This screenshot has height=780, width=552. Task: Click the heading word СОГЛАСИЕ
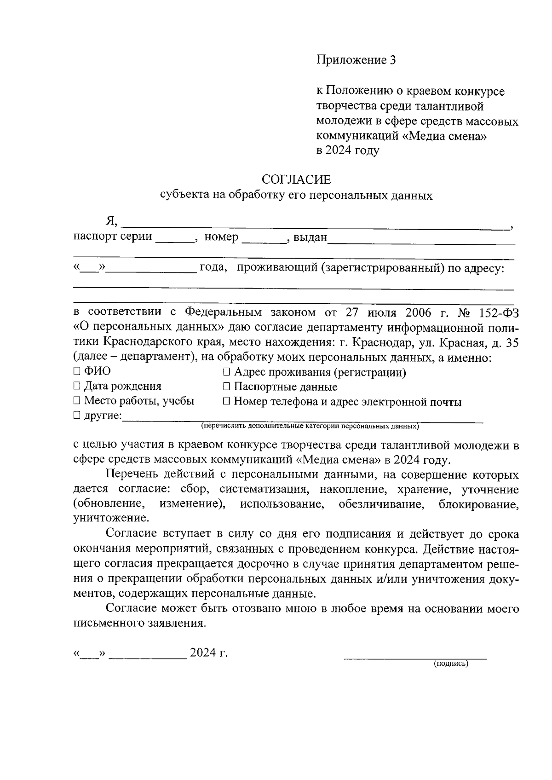tap(296, 179)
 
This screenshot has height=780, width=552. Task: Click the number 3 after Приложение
tap(392, 60)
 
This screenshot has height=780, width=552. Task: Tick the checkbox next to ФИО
tap(77, 371)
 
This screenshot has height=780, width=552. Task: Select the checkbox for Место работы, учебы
tap(77, 401)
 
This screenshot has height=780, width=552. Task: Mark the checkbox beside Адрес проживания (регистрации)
tap(226, 372)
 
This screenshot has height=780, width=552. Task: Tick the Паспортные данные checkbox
tap(226, 387)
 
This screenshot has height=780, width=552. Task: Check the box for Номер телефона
tap(226, 402)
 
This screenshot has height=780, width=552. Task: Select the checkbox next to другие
tap(77, 416)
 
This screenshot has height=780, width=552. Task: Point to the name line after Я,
tap(315, 225)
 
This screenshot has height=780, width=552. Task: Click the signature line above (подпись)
tap(415, 659)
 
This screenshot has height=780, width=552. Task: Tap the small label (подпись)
tap(450, 664)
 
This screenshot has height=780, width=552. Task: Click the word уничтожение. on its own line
tap(111, 518)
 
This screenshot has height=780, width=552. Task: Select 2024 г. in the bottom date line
tap(209, 653)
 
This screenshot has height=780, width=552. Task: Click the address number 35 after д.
tap(512, 343)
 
